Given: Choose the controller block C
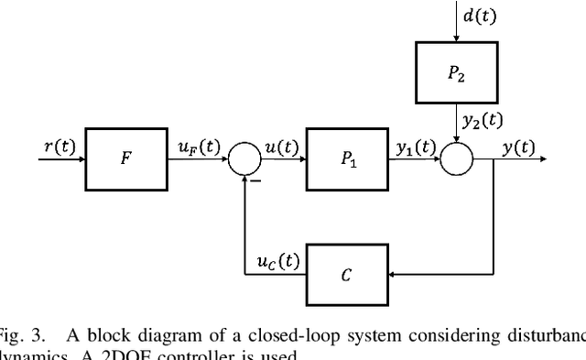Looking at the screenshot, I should (x=347, y=272).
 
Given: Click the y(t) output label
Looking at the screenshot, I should (x=521, y=144).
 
